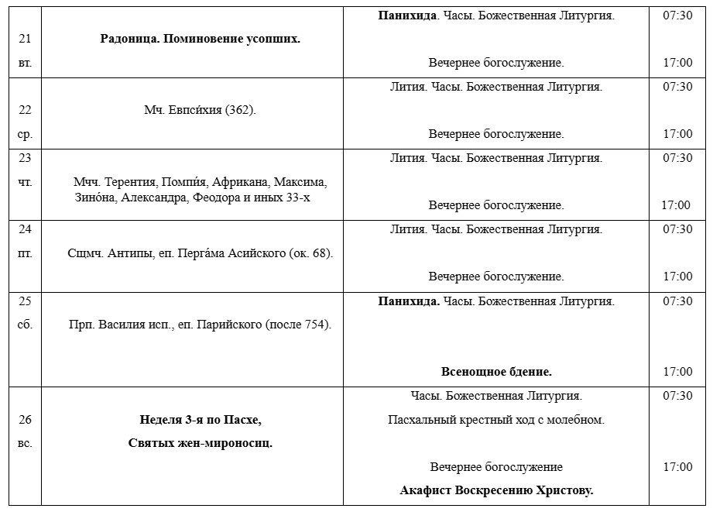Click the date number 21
(25, 39)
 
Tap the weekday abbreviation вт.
(25, 63)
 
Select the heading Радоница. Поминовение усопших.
(200, 39)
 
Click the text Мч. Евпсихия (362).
(200, 110)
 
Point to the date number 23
(25, 158)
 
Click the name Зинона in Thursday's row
(94, 197)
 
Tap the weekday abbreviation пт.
(25, 253)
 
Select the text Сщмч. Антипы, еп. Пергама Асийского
(200, 253)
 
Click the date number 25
(25, 301)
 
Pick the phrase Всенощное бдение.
(496, 372)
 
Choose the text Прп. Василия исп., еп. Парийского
(200, 325)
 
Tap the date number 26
(25, 420)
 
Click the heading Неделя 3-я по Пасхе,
(200, 420)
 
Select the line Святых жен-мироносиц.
(200, 443)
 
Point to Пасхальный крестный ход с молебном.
(496, 420)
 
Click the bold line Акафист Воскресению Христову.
(496, 490)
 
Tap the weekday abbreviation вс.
(25, 443)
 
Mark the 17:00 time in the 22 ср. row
(677, 134)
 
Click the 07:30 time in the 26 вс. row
(677, 396)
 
